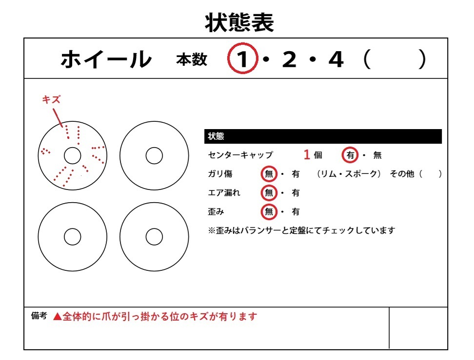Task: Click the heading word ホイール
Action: click(x=106, y=59)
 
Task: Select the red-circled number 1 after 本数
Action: click(x=242, y=60)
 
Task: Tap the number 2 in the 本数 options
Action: click(x=289, y=60)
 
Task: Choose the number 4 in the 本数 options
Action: click(x=336, y=60)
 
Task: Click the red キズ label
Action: click(x=51, y=99)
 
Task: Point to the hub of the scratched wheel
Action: click(x=72, y=156)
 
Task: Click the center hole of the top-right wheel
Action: click(x=154, y=156)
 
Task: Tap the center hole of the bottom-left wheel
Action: click(x=72, y=237)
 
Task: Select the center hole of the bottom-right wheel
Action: click(x=154, y=237)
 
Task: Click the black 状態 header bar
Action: click(x=323, y=136)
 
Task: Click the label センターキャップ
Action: click(x=240, y=155)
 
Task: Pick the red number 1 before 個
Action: click(x=307, y=155)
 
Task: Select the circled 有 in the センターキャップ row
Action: click(x=350, y=155)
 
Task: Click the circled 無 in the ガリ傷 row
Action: click(x=269, y=174)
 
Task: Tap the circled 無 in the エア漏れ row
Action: click(x=269, y=193)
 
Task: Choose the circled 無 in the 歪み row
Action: click(x=269, y=212)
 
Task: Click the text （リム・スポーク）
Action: click(x=348, y=174)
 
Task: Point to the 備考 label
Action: click(x=39, y=316)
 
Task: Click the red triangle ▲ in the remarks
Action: click(x=57, y=317)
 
